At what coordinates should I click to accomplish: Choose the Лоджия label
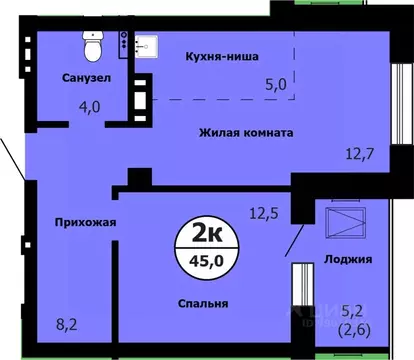click(x=349, y=259)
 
